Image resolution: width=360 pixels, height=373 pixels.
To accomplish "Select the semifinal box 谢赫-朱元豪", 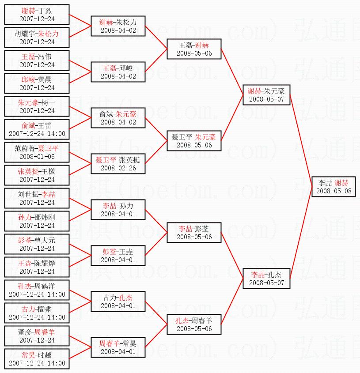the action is point(266,95).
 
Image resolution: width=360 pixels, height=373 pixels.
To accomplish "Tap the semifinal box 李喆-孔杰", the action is point(266,279).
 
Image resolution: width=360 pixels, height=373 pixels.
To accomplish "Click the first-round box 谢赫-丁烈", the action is point(37,15).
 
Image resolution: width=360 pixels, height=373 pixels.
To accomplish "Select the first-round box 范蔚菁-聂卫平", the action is point(37,152).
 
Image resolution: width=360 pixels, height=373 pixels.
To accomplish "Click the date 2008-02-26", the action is point(118,168).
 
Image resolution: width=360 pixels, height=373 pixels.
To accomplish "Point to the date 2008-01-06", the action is point(37,157).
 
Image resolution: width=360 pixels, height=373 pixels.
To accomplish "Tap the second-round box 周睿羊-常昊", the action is point(118,347).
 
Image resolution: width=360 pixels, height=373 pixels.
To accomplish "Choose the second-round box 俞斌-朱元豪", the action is point(118,118).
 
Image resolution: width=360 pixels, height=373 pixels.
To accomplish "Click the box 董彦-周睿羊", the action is point(37,336).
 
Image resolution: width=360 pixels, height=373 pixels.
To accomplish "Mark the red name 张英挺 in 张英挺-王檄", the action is point(28,171).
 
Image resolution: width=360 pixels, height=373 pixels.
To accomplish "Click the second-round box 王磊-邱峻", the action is point(118,72).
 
